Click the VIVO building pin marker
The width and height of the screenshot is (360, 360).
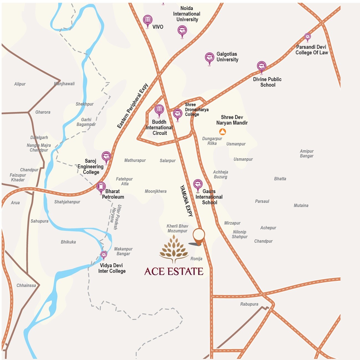[x=148, y=20]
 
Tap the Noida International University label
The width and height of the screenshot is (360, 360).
[x=187, y=14]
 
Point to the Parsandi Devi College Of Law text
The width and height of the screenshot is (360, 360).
[x=312, y=50]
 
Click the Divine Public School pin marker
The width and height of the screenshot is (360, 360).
[x=261, y=66]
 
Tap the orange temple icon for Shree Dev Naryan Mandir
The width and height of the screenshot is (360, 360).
[x=222, y=132]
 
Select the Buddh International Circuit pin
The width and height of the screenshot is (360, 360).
[x=159, y=110]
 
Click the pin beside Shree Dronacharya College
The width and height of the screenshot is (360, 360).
[x=178, y=114]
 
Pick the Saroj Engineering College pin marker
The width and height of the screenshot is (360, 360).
[x=106, y=157]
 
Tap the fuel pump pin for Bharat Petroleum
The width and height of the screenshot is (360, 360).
[x=101, y=187]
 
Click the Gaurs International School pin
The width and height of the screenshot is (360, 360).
[x=198, y=185]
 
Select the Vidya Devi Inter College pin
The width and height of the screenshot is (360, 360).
[x=104, y=254]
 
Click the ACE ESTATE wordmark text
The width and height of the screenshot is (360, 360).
[x=174, y=271]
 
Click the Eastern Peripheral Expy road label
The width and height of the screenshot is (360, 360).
[x=133, y=106]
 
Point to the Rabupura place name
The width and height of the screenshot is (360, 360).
[x=249, y=304]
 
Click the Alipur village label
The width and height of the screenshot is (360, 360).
[x=20, y=84]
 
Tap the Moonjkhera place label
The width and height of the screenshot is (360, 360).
[x=155, y=191]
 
